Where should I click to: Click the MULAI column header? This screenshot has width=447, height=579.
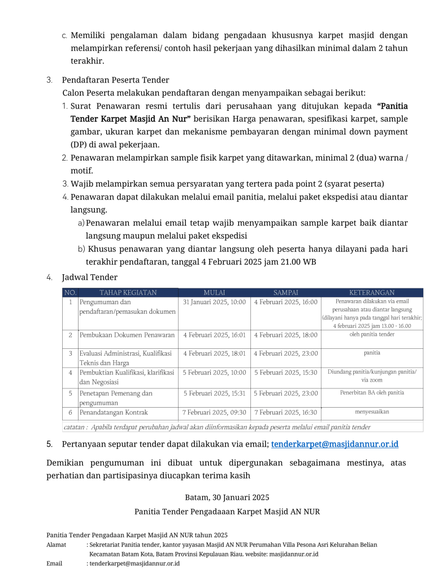pos(214,292)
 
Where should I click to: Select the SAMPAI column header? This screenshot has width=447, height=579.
pos(285,292)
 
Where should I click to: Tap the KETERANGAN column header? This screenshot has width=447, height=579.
pos(372,292)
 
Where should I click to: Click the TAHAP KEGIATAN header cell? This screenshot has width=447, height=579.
pos(128,292)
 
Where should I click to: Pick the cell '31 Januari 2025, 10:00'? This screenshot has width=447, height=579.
pos(214,302)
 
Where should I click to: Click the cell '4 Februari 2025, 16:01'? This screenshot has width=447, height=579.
pos(214,335)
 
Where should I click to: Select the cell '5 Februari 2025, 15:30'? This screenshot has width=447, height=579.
pos(285,373)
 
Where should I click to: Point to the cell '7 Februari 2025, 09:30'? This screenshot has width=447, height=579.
pos(214,412)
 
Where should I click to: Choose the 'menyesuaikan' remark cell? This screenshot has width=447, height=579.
pos(372,412)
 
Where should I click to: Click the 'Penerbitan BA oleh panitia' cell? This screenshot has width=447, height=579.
pos(372,392)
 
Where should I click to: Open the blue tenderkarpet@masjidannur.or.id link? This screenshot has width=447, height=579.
pos(338,444)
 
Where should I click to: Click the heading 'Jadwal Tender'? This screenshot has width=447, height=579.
pos(89,277)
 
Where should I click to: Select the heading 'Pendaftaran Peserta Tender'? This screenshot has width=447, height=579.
pos(115,80)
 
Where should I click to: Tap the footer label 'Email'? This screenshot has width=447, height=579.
pos(54,564)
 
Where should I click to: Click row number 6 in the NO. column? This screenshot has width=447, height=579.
pos(70,412)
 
